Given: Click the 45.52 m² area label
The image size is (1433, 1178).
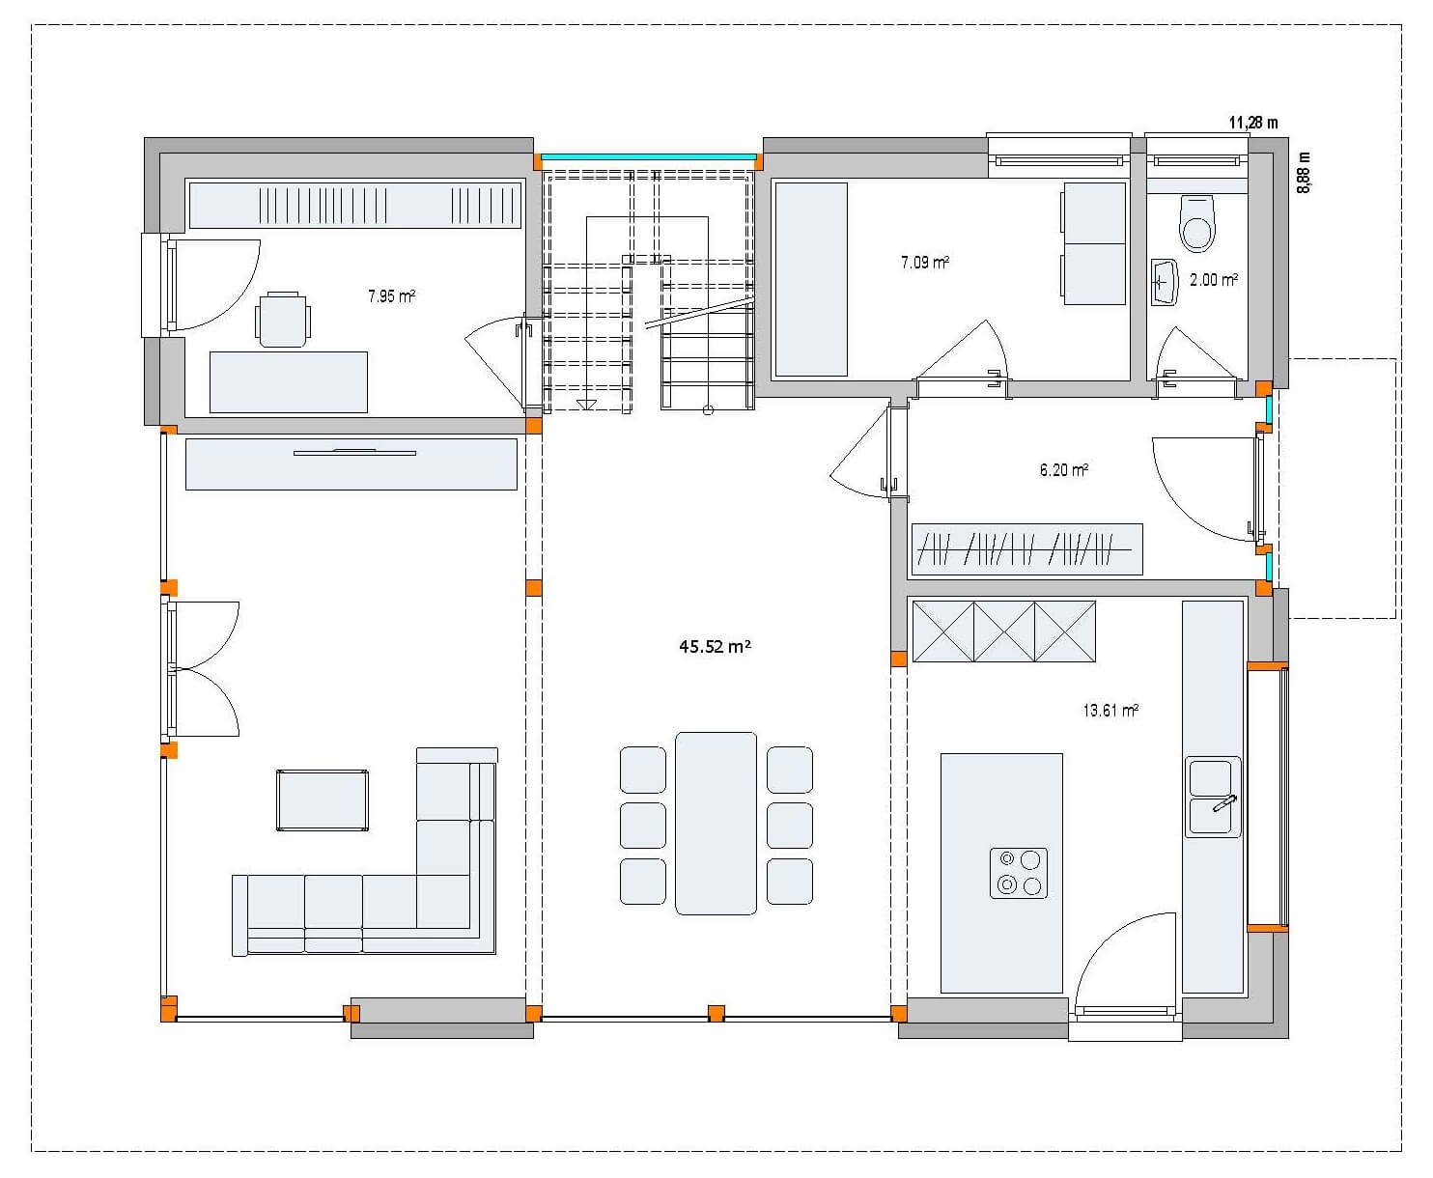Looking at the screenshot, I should coord(715,647).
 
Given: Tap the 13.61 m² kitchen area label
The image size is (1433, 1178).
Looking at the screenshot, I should coord(1110,711).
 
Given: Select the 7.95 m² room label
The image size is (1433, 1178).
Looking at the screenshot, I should coord(391,296).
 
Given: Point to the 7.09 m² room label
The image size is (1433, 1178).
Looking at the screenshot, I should coord(924,262).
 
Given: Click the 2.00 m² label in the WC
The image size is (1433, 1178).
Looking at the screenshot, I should coord(1214,280).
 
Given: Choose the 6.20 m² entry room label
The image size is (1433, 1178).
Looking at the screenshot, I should coord(1064,470).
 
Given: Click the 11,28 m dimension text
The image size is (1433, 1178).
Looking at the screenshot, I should coord(1252,123).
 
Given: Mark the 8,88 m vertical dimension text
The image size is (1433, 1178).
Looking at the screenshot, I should coord(1305,174).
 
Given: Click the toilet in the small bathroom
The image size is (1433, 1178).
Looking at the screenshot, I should coord(1196,223).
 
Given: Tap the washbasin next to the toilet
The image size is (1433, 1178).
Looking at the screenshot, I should coord(1165,282).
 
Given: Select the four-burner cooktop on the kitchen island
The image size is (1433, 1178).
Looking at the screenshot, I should coord(1019,873).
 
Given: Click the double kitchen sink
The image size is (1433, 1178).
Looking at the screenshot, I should coord(1213,797).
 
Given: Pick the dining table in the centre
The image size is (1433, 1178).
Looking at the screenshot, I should coord(716,823).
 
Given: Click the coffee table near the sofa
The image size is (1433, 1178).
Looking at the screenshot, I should coord(322,799).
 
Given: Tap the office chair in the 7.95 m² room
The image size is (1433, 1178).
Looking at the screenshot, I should coord(283,319).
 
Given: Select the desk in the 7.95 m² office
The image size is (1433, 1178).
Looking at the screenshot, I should coord(288,382).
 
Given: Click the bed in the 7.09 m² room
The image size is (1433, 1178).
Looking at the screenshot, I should coord(810,279).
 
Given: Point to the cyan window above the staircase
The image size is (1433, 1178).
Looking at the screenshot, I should coord(647,156).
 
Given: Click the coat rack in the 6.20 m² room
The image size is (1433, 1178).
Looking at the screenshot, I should coord(1026,549).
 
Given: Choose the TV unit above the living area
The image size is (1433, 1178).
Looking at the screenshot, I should coord(351,463).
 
